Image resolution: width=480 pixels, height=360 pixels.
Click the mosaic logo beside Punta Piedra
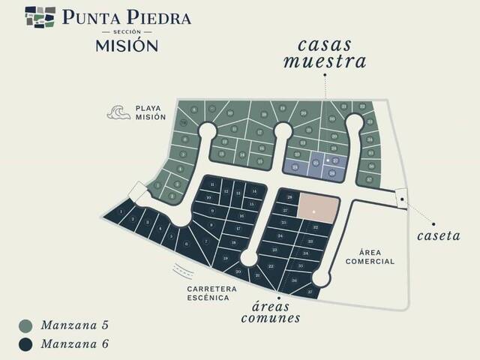40,16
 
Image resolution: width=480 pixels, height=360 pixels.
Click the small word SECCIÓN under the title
126,32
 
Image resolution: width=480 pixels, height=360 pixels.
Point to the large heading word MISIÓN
126,45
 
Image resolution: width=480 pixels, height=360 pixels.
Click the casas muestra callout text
324,53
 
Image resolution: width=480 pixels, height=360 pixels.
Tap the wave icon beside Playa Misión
118,112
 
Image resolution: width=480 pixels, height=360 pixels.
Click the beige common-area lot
319,207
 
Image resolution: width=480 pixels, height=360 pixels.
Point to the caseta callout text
439,235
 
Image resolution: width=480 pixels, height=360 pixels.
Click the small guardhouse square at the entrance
401,197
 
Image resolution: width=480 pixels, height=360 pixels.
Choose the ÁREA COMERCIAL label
370,257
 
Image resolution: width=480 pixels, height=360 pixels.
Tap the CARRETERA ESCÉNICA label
212,293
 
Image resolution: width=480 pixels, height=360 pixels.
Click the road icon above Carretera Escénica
180,270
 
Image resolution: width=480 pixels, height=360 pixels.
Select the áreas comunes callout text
271,312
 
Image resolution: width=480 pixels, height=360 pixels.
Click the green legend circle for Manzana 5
26,325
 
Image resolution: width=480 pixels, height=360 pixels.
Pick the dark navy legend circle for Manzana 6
26,344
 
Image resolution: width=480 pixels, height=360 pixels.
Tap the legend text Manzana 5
75,325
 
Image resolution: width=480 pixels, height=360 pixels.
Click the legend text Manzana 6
75,344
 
